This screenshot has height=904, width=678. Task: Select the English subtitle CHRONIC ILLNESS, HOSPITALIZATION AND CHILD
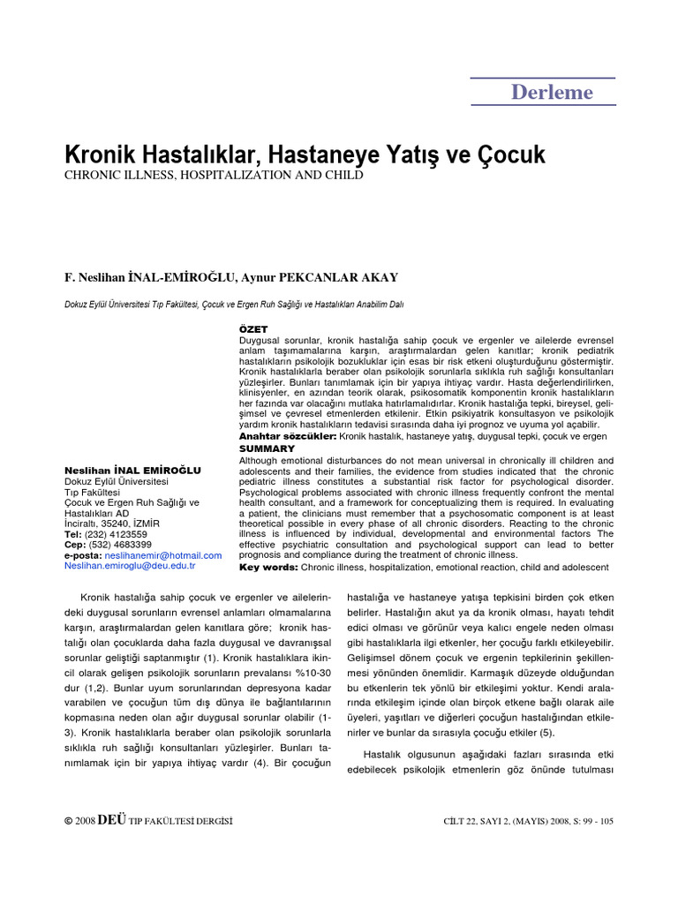[214, 176]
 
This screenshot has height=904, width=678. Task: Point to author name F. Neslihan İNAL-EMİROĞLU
[150, 277]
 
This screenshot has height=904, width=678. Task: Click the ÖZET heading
[253, 328]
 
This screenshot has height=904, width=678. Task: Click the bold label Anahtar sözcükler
[288, 436]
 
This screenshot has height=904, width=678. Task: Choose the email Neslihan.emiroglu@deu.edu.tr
[130, 566]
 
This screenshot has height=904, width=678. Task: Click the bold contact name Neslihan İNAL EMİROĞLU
[132, 471]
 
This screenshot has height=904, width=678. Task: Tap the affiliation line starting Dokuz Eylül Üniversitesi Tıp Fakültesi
[234, 305]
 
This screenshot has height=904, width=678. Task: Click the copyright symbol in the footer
[68, 821]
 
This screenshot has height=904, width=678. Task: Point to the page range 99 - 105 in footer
[593, 821]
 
